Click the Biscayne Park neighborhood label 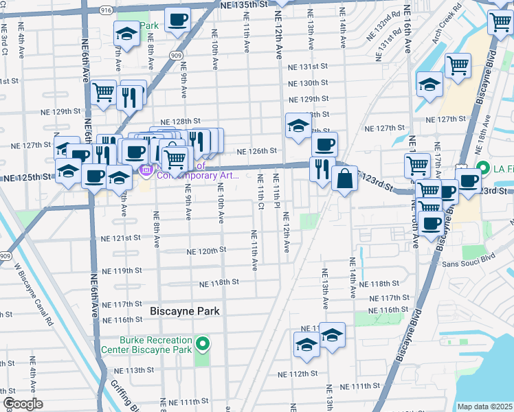[185, 311]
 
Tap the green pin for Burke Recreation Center [202, 343]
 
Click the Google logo [23, 404]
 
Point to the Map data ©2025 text [484, 407]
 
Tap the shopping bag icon [344, 179]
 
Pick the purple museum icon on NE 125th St [146, 170]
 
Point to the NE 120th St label [207, 251]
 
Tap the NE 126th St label [257, 151]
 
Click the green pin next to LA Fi [482, 168]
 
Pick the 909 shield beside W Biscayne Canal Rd [5, 256]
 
